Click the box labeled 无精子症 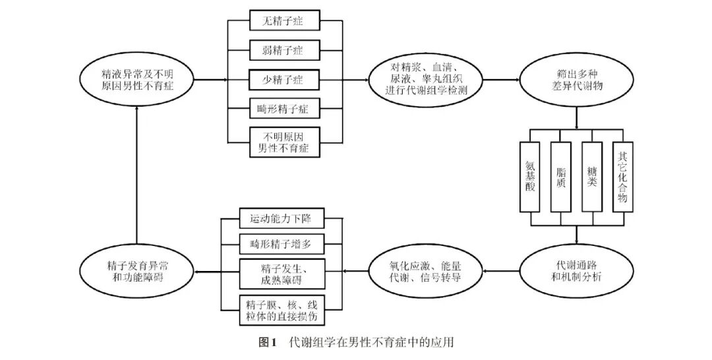point(285,20)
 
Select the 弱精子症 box point(285,49)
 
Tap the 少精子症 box point(285,79)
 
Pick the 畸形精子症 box point(285,107)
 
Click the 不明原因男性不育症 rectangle point(285,142)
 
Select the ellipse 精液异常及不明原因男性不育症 point(137,79)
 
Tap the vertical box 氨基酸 point(531,176)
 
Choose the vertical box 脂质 point(561,176)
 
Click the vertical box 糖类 point(591,176)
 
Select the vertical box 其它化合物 point(622,176)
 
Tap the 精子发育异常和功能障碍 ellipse point(137,270)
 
